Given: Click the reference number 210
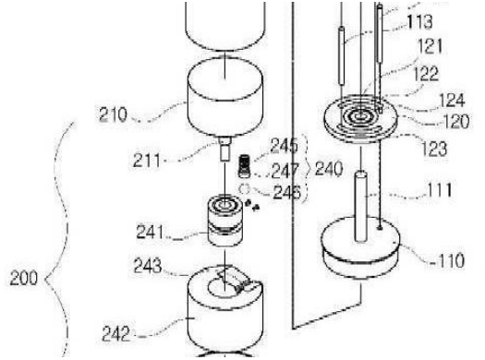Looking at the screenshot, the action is coord(113,114).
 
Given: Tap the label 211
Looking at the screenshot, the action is coord(147,161).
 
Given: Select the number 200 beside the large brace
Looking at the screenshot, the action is coord(23,278).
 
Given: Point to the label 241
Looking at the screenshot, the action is coord(150,232).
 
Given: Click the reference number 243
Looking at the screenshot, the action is coord(148,266).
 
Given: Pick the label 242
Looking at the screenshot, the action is coord(116,334).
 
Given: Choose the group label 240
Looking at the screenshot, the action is coord(329,169).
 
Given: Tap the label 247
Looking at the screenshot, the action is coord(285,171).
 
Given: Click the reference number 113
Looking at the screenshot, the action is coord(419,22).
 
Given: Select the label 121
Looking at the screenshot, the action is coord(430,47).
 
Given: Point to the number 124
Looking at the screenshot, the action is coord(452,101).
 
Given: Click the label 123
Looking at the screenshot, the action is coord(434,149).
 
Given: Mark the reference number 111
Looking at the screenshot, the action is coord(440,190).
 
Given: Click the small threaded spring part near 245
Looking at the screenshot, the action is coord(244,166).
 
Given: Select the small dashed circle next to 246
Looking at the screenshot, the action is coord(245,188).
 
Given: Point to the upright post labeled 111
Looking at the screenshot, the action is coord(360,206).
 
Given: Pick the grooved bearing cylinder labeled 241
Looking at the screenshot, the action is coord(224,221).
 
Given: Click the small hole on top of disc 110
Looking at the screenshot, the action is coord(380,228).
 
